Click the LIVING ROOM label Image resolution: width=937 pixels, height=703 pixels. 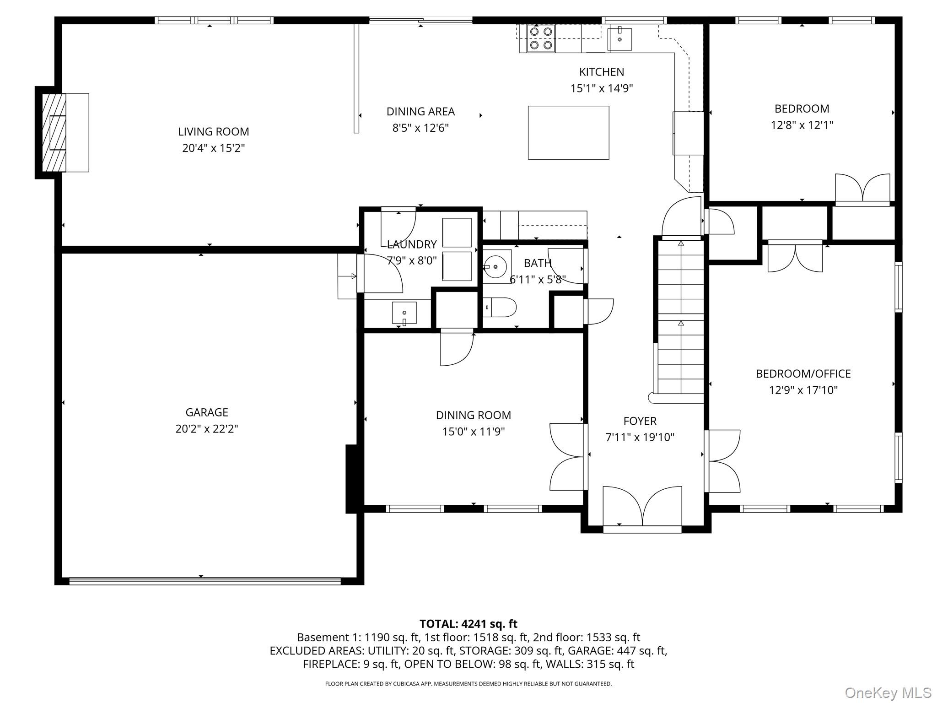(x=214, y=132)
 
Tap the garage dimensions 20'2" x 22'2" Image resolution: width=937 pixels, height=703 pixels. (x=207, y=429)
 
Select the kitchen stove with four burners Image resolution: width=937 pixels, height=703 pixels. (x=541, y=38)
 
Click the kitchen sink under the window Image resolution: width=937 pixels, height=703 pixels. (x=619, y=39)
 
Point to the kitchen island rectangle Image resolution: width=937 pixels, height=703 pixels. (x=568, y=133)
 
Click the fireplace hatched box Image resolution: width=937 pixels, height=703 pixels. (x=54, y=133)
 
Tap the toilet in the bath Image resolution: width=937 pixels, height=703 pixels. (x=500, y=307)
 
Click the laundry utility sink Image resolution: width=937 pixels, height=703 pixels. (x=404, y=313)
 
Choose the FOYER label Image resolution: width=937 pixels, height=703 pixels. (x=640, y=421)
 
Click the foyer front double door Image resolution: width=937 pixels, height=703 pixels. (x=642, y=508)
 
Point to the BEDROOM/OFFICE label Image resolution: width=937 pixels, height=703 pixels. (x=803, y=374)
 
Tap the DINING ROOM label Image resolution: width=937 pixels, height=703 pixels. (x=473, y=415)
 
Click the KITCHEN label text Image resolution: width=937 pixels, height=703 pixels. (x=601, y=72)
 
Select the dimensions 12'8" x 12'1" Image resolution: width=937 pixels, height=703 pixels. (x=802, y=125)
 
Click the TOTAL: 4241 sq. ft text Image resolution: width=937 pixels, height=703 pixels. (x=468, y=624)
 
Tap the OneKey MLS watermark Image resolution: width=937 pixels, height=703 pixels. (x=888, y=693)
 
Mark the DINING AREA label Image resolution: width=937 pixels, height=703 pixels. (x=420, y=112)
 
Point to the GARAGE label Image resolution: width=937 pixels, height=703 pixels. (x=207, y=412)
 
